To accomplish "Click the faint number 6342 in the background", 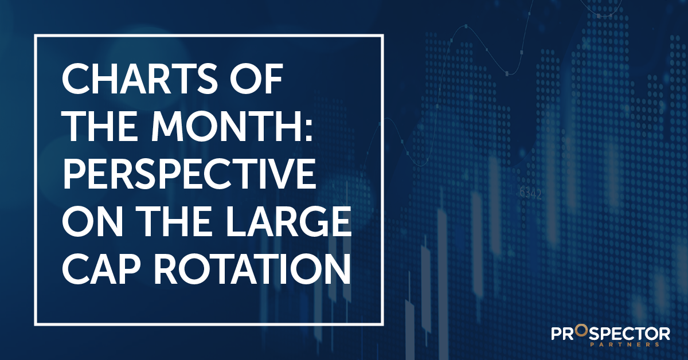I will (x=530, y=193).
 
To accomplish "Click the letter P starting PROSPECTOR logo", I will (x=555, y=334).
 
